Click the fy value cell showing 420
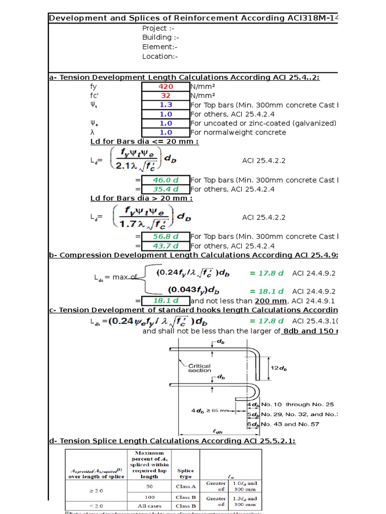[x=166, y=86]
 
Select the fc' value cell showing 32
[x=166, y=95]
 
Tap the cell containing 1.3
[x=166, y=105]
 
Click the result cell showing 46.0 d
[x=165, y=180]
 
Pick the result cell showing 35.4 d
[x=165, y=189]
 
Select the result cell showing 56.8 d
[x=165, y=236]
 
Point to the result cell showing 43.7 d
[x=165, y=246]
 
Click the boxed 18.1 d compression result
[x=165, y=300]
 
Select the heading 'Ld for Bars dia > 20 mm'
[x=141, y=198]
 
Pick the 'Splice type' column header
[x=185, y=474]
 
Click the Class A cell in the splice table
[x=185, y=486]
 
